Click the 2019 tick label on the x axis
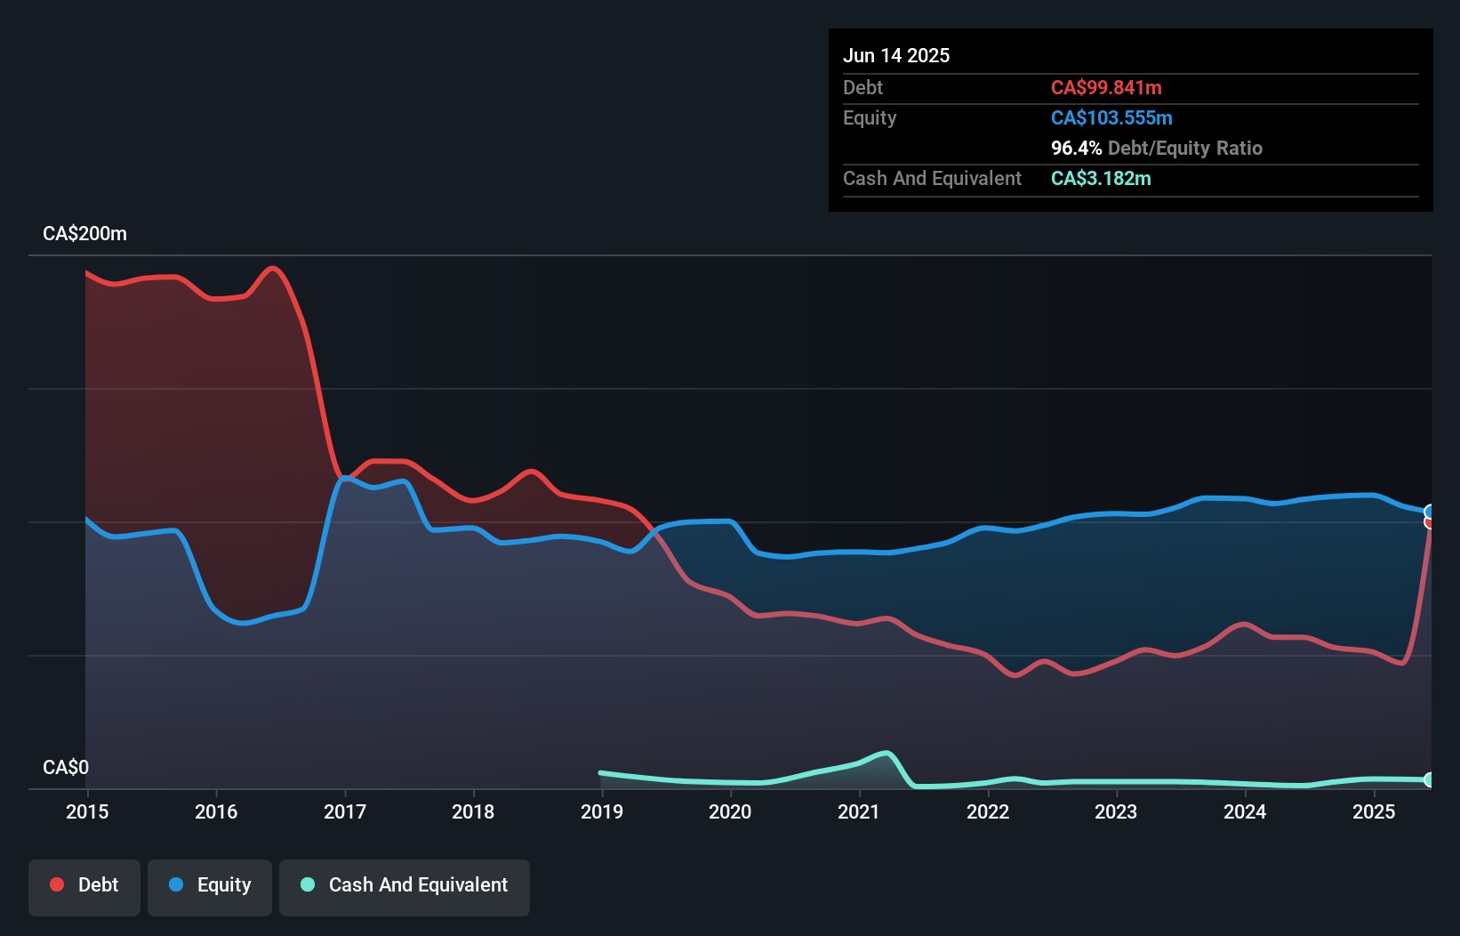601,811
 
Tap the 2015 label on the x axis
87,811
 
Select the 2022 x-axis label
987,811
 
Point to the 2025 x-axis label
1373,811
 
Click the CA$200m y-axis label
84,234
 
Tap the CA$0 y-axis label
66,767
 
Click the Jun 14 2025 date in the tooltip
895,56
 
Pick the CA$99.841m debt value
1106,88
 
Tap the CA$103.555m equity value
1111,118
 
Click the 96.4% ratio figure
1076,149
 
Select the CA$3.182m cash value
1101,179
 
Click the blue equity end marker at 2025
1430,512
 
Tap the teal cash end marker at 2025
1429,779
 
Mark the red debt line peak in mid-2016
273,268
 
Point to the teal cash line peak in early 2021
886,753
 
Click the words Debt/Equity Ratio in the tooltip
1184,149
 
